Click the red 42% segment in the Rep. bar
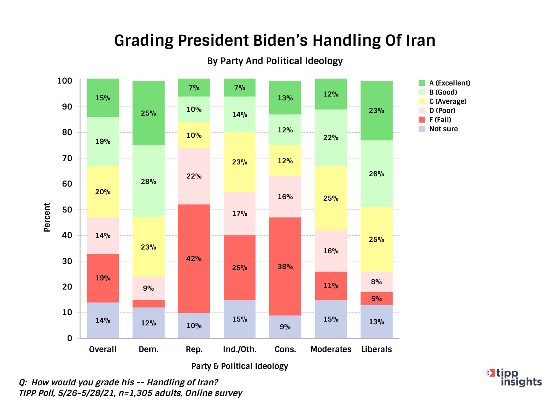point(194,259)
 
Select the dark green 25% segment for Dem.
point(149,113)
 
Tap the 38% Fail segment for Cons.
point(285,266)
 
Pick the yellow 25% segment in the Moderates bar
point(331,198)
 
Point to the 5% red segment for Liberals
point(377,299)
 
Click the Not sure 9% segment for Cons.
point(285,327)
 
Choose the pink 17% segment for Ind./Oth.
point(239,214)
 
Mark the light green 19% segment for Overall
point(103,142)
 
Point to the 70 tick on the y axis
point(67,158)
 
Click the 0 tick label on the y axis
point(70,338)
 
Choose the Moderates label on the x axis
point(331,349)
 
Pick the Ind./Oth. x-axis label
point(239,349)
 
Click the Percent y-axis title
point(47,217)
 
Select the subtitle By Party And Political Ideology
point(275,61)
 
